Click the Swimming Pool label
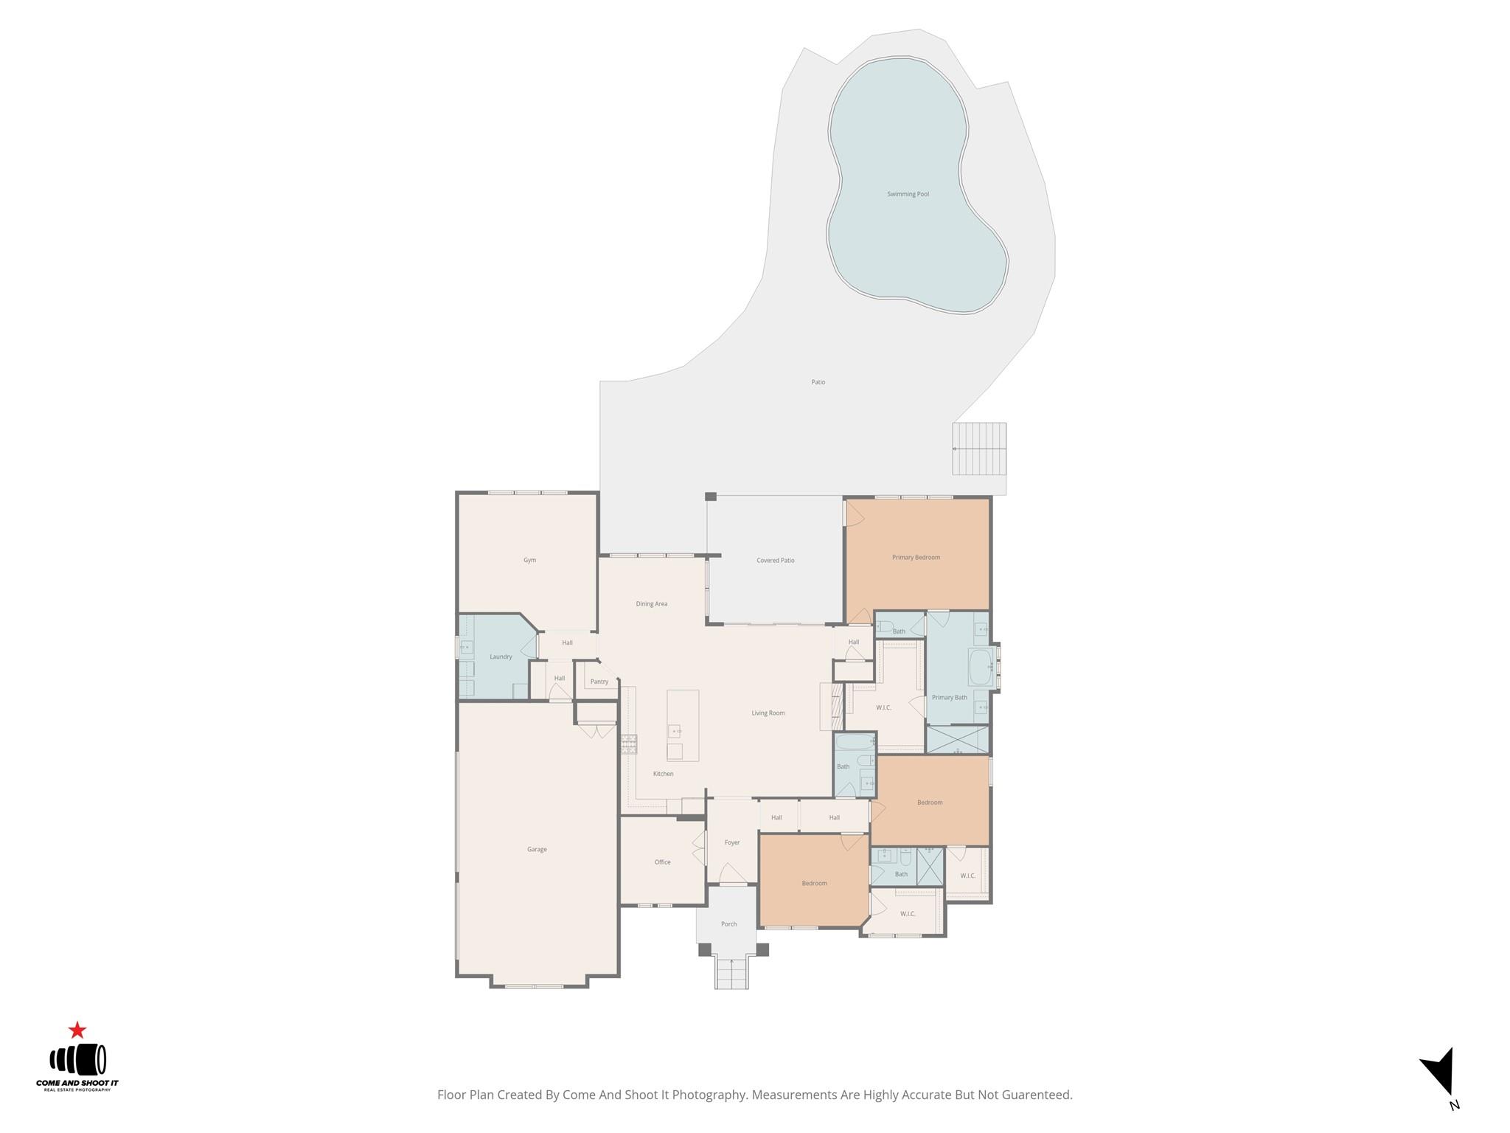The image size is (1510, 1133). coord(908,194)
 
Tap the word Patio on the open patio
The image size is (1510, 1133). coord(818,382)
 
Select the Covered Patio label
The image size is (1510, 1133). coord(775,561)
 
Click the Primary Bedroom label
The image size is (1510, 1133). coord(916,558)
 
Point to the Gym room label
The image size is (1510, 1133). coord(529,561)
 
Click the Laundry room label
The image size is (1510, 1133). coord(501,657)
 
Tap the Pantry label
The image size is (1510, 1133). coord(599,682)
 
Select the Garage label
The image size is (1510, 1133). coord(537,850)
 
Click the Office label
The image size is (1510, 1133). coord(662,862)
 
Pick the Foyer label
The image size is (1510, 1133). coord(731,842)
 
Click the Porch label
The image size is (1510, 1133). coord(728,924)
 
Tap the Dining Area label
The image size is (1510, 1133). coord(651,604)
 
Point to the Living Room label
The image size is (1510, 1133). coord(768,713)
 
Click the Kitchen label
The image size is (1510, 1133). coord(663,774)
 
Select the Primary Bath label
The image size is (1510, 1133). coord(949,698)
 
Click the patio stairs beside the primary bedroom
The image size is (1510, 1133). coord(979,448)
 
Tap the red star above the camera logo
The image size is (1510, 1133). coord(77,1030)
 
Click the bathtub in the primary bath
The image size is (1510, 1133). coord(980,667)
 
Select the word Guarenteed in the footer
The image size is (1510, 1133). coord(1036,1095)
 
